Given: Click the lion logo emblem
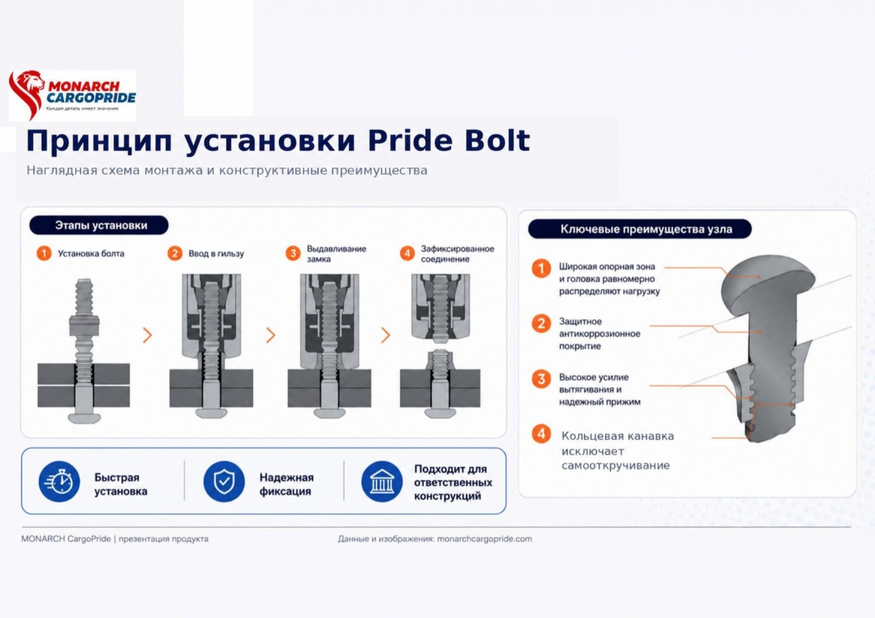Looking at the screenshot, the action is coord(25,93).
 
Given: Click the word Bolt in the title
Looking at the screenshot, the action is coord(497,140).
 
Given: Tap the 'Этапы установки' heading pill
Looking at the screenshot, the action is coord(99,226).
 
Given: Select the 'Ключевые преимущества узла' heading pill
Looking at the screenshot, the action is coord(639,229).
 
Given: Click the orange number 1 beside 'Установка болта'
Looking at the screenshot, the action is coord(43,253).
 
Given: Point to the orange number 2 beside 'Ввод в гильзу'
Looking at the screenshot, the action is coord(175,253).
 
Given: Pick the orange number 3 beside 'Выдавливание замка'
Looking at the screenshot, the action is coord(293,253).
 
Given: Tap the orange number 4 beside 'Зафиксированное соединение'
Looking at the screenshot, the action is coord(408,253).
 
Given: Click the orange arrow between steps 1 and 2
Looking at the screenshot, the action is coord(147,336).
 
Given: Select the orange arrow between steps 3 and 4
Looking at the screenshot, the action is coord(386,336).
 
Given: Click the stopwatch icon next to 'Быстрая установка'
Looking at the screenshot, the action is coord(59,481).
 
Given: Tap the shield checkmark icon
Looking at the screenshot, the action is coord(224,481).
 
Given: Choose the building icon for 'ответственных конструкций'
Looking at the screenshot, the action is coord(381,481).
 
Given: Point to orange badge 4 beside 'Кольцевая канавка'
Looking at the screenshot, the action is coord(541,433).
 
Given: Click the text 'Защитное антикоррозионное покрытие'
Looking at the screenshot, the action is coord(599,333).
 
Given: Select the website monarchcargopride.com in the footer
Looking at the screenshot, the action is coord(485,539).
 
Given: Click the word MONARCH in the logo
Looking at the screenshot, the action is coord(84,86).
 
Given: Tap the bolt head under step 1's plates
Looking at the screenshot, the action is coord(85,417).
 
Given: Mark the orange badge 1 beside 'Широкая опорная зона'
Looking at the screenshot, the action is coord(541,268).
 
